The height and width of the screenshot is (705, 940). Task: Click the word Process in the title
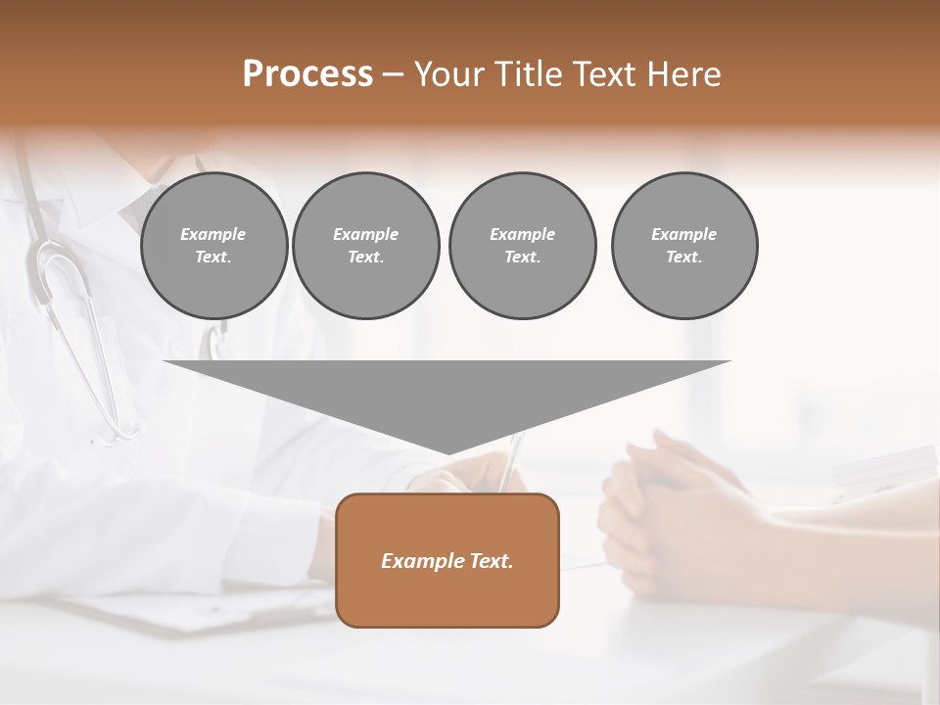[307, 74]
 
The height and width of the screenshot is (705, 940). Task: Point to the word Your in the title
[446, 74]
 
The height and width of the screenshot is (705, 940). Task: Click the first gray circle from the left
[213, 245]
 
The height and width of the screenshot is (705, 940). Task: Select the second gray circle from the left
[366, 245]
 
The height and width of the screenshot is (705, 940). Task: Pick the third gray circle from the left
[522, 245]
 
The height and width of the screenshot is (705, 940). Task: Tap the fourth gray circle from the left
[684, 245]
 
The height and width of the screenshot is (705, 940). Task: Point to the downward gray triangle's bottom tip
[448, 452]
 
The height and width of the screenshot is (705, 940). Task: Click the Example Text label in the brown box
[447, 561]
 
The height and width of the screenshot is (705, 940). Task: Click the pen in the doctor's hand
[512, 460]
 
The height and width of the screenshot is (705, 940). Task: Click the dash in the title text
[393, 74]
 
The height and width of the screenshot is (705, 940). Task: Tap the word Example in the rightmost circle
[683, 234]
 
